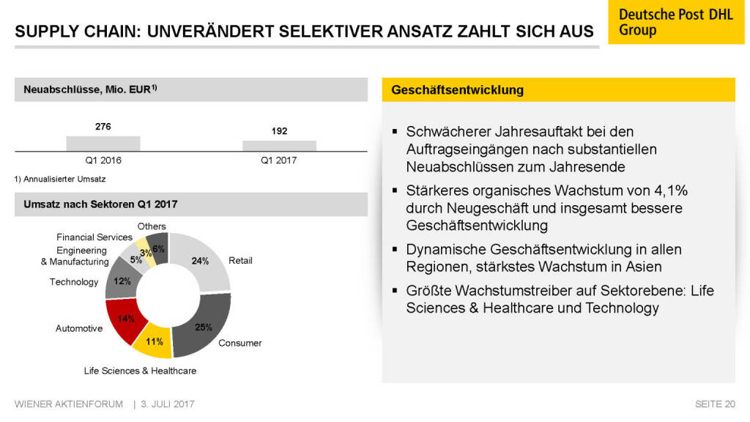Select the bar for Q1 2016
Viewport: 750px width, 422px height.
tap(103, 144)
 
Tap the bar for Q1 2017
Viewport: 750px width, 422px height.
tap(279, 146)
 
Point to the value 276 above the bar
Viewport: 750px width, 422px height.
tap(103, 127)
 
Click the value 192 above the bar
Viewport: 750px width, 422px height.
tap(279, 131)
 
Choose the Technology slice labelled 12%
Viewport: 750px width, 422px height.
tap(119, 279)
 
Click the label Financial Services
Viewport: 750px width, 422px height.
tap(94, 237)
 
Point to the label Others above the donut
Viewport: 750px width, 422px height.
tap(152, 226)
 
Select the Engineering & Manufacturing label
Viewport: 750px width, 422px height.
tap(75, 256)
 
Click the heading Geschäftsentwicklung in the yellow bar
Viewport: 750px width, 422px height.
tap(457, 90)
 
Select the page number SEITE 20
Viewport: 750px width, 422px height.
tap(715, 404)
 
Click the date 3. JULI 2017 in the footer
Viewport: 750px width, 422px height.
tap(168, 404)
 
